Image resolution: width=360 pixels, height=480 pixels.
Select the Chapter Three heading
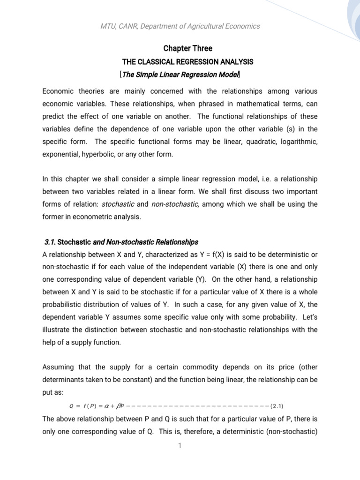(x=187, y=48)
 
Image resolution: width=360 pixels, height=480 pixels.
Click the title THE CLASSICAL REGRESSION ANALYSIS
(x=187, y=61)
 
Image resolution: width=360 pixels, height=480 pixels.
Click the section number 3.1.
(x=49, y=242)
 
